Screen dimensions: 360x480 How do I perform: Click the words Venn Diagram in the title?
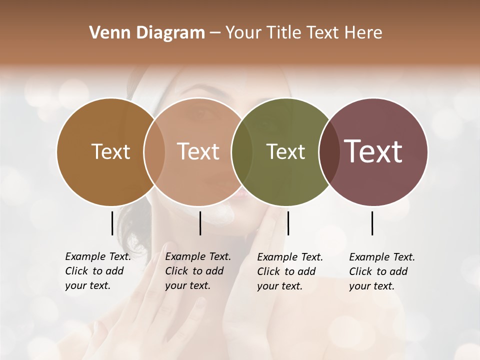click(147, 33)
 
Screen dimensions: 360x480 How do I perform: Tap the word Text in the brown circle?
click(110, 151)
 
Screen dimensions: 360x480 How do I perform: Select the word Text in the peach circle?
click(198, 151)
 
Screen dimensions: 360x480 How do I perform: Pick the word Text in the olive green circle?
click(285, 151)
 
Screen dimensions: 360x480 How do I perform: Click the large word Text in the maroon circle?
click(373, 151)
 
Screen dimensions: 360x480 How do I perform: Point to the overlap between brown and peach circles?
click(154, 151)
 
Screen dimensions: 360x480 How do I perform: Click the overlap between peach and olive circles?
click(241, 151)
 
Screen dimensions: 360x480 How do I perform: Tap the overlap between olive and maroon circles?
click(328, 151)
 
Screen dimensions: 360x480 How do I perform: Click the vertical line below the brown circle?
click(112, 223)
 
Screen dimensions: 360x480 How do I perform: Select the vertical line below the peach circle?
click(200, 223)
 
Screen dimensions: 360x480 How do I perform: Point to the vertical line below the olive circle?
click(288, 223)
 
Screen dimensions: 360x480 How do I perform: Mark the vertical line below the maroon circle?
click(372, 223)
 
